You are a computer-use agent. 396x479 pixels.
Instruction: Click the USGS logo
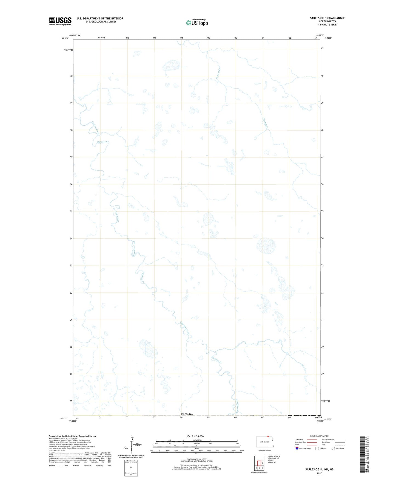60,21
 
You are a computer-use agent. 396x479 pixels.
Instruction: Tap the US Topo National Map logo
197,22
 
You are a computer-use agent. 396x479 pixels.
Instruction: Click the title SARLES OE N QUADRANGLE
327,18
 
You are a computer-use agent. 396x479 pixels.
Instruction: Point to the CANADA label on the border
187,414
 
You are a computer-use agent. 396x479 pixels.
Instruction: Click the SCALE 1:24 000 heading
195,436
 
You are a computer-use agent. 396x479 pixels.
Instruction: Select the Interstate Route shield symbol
297,448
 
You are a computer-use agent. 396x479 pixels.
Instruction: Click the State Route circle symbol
333,448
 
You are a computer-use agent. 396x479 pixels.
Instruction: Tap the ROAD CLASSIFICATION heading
319,436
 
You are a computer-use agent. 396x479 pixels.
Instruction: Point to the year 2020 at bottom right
319,473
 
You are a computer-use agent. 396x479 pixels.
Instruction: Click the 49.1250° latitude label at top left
65,38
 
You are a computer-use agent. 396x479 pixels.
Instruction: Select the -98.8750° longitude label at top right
319,35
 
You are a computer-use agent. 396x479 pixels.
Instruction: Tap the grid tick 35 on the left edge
71,212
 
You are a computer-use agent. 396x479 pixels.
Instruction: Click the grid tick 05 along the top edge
209,38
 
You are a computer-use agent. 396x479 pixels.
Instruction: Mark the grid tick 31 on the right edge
323,320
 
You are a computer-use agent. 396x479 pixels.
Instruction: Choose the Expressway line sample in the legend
312,439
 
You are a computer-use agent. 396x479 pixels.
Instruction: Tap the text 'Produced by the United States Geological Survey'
72,436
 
